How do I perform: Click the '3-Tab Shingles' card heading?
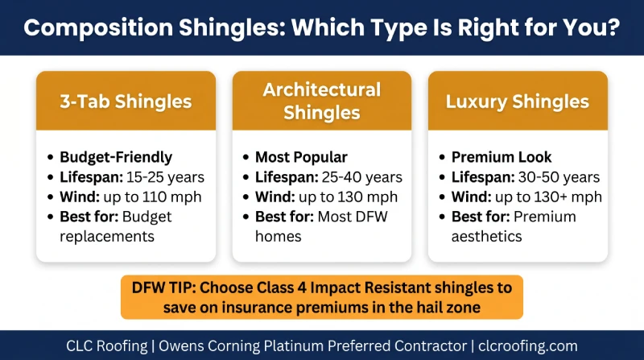pyautogui.click(x=126, y=101)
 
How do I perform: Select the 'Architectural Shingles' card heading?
pyautogui.click(x=322, y=101)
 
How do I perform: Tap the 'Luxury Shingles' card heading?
pyautogui.click(x=518, y=101)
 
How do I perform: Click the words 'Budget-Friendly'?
pyautogui.click(x=116, y=157)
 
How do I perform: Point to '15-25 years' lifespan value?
pyautogui.click(x=165, y=177)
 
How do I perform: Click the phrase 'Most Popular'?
pyautogui.click(x=301, y=157)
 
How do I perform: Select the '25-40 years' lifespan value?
pyautogui.click(x=361, y=177)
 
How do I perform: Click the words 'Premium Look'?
pyautogui.click(x=502, y=157)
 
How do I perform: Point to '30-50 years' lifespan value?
pyautogui.click(x=559, y=177)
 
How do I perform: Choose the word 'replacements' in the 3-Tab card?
pyautogui.click(x=107, y=236)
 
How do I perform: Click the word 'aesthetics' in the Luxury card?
pyautogui.click(x=487, y=236)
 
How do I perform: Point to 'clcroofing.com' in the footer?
pyautogui.click(x=528, y=346)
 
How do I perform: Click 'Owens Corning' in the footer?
pyautogui.click(x=209, y=346)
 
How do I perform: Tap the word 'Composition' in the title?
pyautogui.click(x=98, y=27)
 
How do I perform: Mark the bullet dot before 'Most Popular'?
pyautogui.click(x=246, y=157)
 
